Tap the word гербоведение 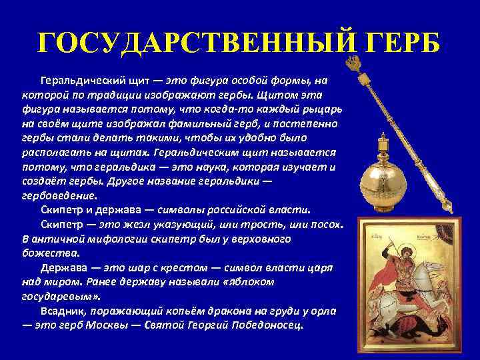point(59,196)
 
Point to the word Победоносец point(267,326)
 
